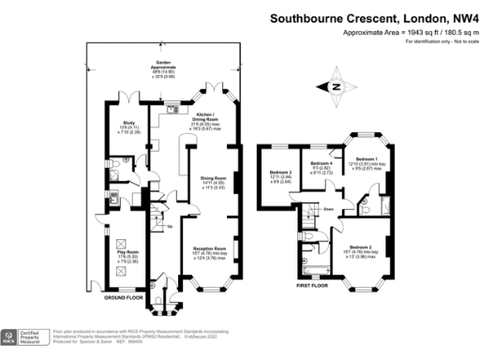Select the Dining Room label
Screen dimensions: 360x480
[x=215, y=183]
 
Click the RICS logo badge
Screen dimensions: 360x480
[x=12, y=337]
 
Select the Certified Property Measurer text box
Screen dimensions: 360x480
[x=36, y=337]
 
